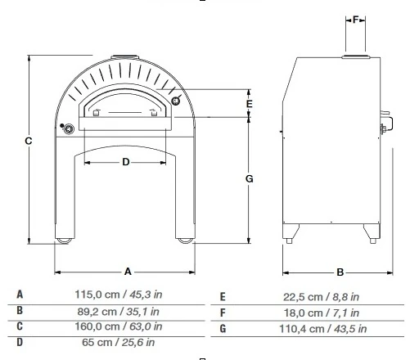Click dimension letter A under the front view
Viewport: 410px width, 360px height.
[x=128, y=272]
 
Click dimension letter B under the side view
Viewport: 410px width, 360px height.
[x=340, y=272]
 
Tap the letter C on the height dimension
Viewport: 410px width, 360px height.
[x=29, y=141]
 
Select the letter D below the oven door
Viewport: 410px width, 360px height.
[x=126, y=162]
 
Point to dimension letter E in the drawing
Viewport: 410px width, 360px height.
[x=249, y=104]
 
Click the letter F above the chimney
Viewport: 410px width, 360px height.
[x=355, y=20]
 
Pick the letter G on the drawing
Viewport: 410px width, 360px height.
[x=250, y=179]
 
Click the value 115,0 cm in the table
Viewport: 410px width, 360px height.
[x=97, y=295]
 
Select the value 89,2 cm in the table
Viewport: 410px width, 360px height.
[x=97, y=312]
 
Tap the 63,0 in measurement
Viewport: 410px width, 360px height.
[x=146, y=326]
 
